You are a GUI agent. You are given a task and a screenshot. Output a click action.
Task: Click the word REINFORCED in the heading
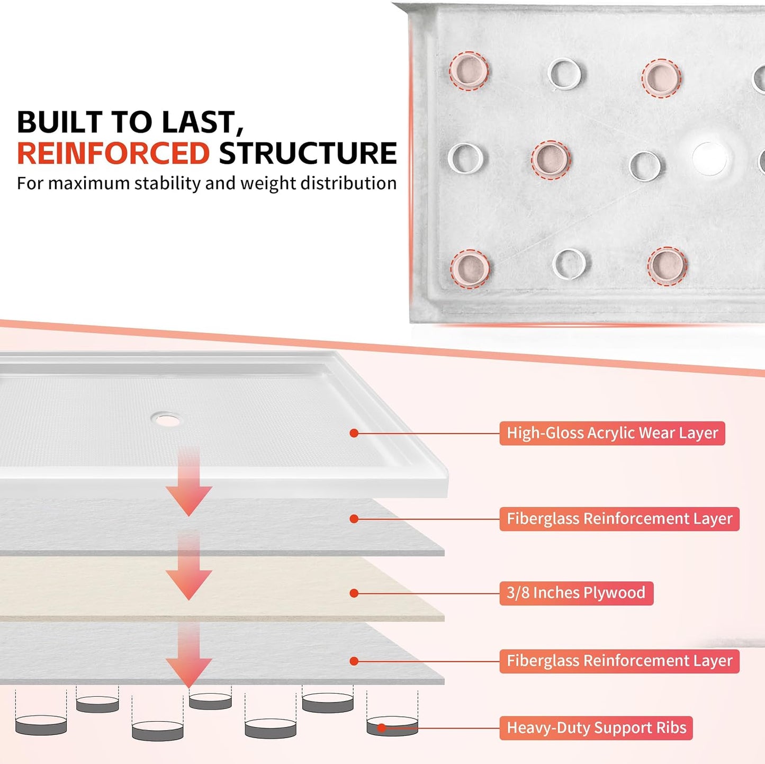tap(113, 154)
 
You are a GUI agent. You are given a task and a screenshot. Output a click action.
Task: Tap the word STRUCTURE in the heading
tap(308, 154)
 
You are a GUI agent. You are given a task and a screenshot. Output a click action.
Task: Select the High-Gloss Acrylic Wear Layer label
tap(612, 433)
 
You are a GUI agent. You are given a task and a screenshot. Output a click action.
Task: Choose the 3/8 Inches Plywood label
tap(576, 593)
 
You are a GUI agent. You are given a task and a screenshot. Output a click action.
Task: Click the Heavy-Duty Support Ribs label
tap(596, 728)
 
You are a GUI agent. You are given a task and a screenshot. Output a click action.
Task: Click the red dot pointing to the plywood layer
tap(354, 593)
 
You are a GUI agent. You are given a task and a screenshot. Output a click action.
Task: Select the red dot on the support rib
tap(382, 728)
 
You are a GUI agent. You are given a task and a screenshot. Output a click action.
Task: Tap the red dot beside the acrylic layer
tap(354, 433)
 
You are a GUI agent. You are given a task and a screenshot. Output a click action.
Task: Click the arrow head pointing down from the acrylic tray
tap(189, 500)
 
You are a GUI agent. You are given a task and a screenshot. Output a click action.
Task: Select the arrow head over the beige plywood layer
tap(189, 583)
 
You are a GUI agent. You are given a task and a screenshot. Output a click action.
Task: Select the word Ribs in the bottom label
tap(671, 728)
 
